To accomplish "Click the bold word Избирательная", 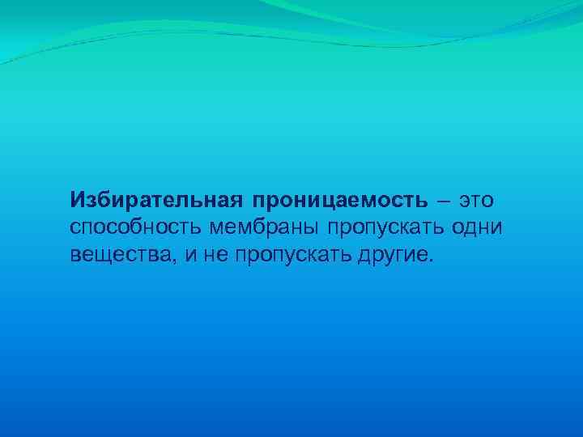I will (x=155, y=198).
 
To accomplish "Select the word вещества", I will (x=117, y=257).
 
